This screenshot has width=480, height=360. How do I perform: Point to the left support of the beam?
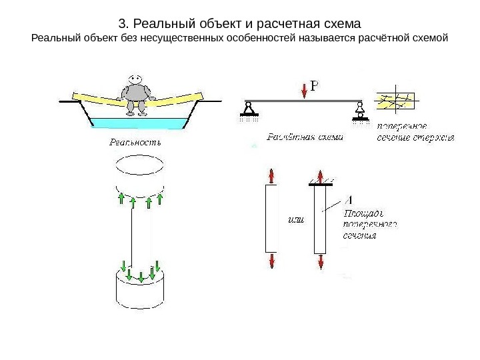point(248,110)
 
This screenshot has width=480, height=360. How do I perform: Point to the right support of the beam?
point(361,110)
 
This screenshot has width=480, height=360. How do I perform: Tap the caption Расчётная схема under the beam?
point(305,139)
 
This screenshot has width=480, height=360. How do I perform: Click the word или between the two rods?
point(295,220)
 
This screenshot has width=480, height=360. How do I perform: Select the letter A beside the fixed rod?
point(350,199)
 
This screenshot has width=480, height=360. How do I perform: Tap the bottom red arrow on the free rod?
point(271,259)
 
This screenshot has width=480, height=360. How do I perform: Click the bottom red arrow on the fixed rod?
point(321,261)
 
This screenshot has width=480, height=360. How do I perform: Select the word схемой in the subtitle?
point(431,39)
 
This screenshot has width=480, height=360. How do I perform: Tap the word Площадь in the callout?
point(363,213)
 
